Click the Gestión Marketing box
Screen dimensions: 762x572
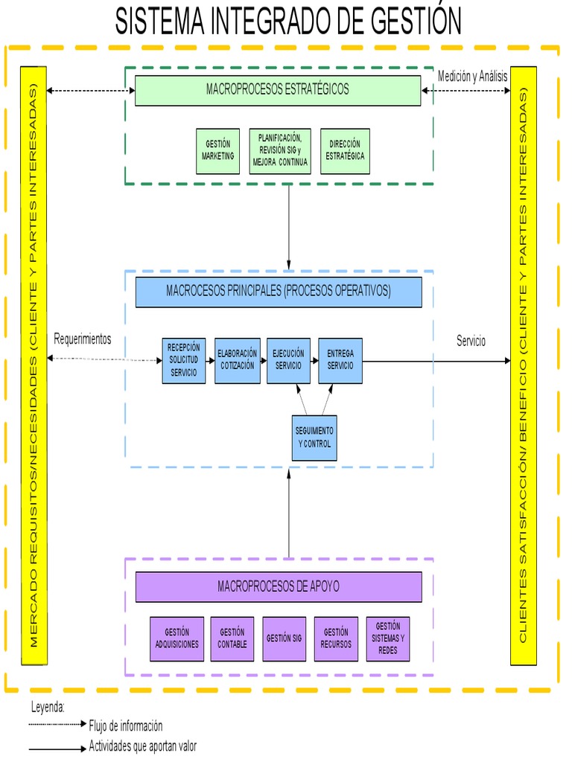pos(217,151)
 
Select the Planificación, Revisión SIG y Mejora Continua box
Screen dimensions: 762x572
pos(279,151)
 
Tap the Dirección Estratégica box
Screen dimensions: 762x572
pos(345,151)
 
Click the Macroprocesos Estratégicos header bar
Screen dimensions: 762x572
pos(278,90)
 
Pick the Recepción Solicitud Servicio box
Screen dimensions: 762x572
pos(184,361)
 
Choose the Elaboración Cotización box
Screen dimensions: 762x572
pos(237,361)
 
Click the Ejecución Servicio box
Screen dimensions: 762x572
pos(288,361)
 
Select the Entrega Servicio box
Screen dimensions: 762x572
pos(340,361)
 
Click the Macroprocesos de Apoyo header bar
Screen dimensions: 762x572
pos(278,587)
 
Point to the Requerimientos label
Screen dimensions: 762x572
pos(83,339)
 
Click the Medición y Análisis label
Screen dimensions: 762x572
pos(472,76)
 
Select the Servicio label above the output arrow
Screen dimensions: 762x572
pos(471,341)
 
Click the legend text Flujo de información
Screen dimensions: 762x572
pos(126,726)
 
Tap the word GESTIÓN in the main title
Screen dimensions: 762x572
pos(406,21)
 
